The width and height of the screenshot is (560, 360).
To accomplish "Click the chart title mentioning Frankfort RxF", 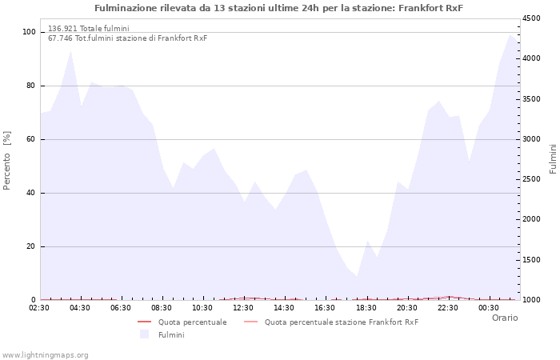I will coord(279,8).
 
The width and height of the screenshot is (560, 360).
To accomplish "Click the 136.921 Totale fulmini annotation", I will coord(88,29).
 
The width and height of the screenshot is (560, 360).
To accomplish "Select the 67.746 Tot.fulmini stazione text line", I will coord(127,38).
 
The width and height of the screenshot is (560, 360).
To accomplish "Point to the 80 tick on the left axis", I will coord(30,86).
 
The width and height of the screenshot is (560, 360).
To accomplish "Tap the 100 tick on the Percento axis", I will coord(28,32).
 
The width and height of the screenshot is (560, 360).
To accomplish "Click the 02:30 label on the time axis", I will coord(40,308).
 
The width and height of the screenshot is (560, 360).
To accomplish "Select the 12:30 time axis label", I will coord(243,308).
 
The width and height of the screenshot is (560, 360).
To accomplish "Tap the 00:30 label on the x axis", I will coord(488,308).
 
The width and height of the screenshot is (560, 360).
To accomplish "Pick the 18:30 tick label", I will coord(366,308).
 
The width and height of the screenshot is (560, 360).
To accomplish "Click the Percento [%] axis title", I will coord(8,161).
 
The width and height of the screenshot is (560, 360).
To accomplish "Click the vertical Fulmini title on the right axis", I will coord(553,159).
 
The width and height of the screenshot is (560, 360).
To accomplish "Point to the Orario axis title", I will coord(504,318).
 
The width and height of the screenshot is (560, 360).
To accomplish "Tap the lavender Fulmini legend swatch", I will coord(145,334).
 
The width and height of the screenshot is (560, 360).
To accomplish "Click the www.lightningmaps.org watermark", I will coord(45,354).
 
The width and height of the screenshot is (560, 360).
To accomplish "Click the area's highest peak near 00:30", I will coord(510,34).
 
